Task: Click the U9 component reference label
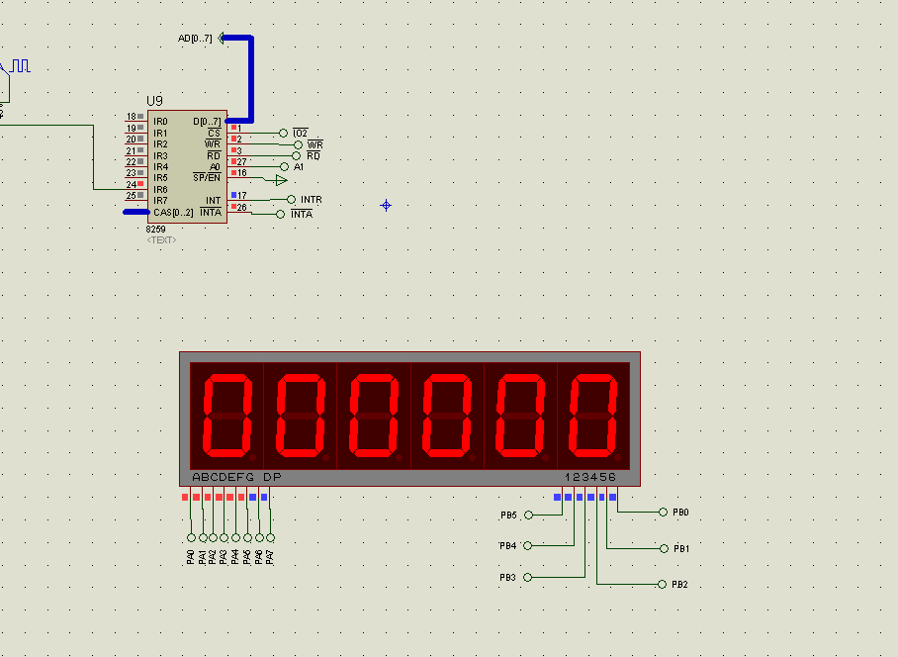tap(154, 101)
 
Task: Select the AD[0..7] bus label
tap(195, 39)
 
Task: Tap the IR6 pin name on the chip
tap(160, 190)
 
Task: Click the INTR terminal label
tap(311, 199)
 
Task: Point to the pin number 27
tap(241, 162)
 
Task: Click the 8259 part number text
tap(155, 230)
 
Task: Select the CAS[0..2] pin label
tap(173, 213)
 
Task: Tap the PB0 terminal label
tap(680, 513)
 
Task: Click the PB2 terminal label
tap(679, 584)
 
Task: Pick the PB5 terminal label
tap(508, 515)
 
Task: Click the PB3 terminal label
tap(507, 578)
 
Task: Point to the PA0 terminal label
tap(191, 557)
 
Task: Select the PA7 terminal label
tap(270, 557)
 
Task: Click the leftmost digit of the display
tap(227, 416)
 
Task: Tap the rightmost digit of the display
tap(593, 416)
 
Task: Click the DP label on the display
tap(272, 477)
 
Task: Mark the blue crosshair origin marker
tap(386, 205)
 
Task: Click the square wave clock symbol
tap(21, 66)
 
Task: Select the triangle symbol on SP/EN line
tap(281, 180)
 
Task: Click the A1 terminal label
tap(299, 166)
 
